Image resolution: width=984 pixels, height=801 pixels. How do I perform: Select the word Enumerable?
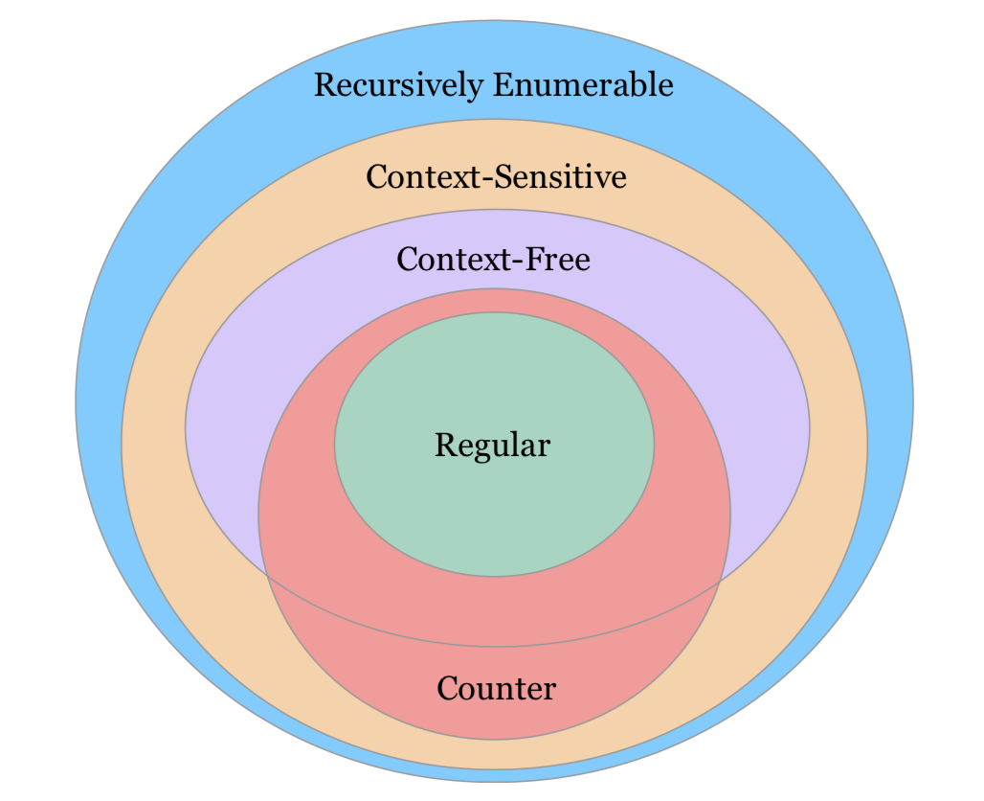pos(583,85)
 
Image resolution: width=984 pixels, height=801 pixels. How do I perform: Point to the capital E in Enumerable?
pos(502,85)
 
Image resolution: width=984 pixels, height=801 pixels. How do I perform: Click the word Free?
pos(556,259)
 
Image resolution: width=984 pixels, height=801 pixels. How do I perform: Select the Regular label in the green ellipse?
pos(493,446)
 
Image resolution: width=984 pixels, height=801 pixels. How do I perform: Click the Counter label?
pos(496,688)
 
